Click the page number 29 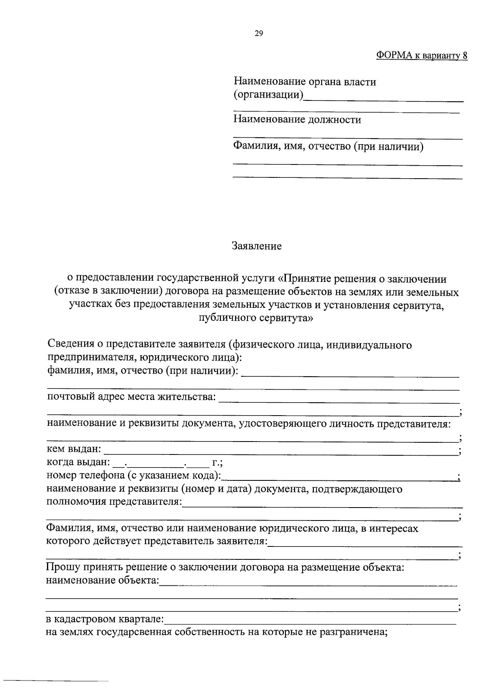259,34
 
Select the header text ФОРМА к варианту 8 422,55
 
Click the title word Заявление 256,246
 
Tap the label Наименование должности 297,119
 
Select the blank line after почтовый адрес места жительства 339,402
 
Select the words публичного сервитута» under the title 256,318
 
